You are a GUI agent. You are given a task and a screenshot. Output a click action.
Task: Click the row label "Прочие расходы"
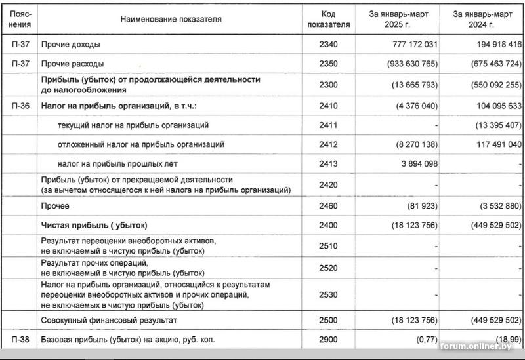[x=72, y=64]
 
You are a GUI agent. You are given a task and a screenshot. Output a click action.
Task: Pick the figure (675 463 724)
[x=487, y=64]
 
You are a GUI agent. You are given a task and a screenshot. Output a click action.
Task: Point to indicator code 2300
[x=329, y=85]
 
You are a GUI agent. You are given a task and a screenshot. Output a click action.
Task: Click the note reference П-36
[x=20, y=105]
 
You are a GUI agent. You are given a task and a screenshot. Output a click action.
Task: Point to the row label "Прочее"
[x=55, y=205]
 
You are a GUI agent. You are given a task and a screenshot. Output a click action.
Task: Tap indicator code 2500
[x=329, y=320]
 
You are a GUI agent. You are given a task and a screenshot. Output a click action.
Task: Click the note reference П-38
[x=20, y=340]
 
